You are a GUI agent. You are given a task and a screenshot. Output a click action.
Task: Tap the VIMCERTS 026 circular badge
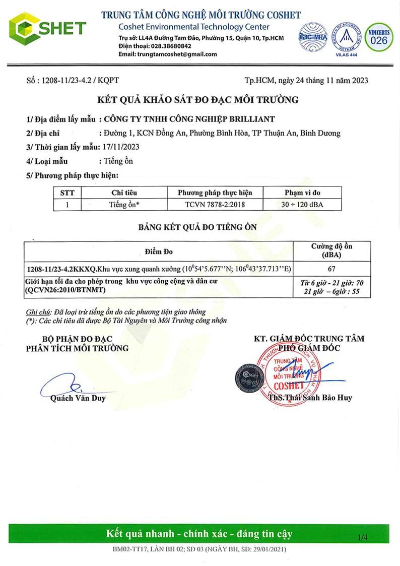(379, 37)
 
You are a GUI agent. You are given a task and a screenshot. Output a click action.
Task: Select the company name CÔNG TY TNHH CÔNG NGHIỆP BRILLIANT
(188, 119)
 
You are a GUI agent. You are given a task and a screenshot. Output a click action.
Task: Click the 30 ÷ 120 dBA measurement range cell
(309, 205)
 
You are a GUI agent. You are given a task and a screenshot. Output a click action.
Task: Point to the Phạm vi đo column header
(309, 193)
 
